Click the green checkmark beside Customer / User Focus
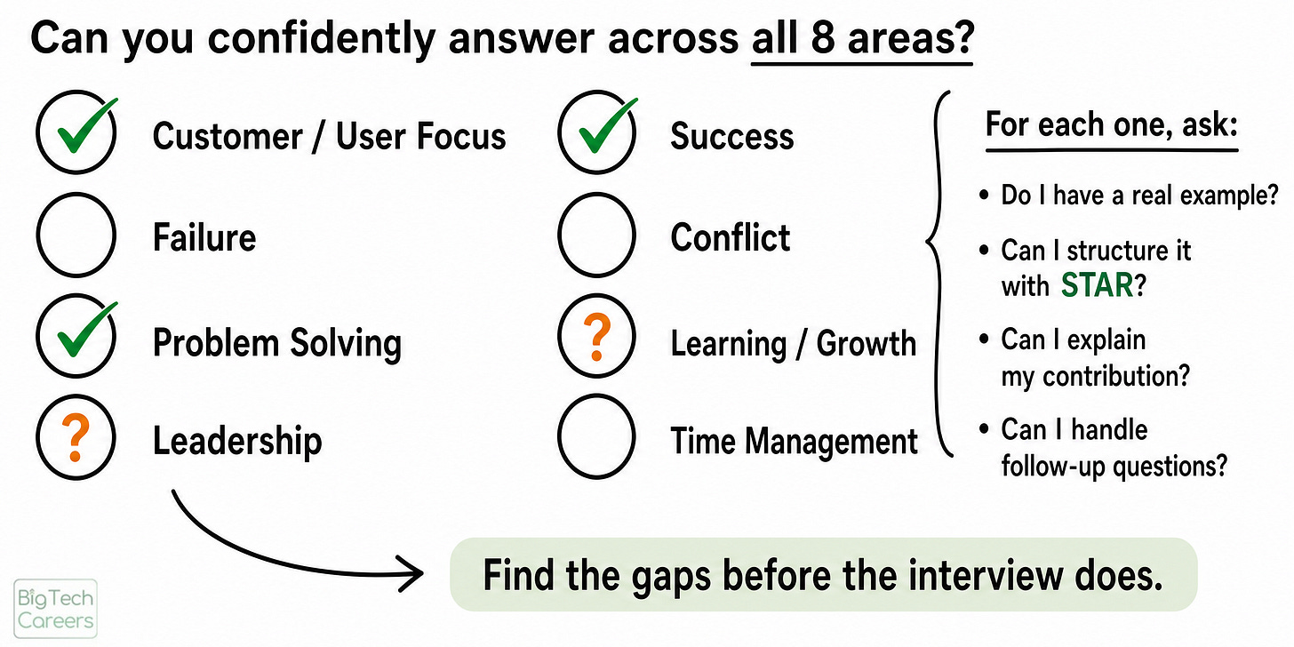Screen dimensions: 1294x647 coord(87,126)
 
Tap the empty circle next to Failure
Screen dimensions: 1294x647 coord(37,236)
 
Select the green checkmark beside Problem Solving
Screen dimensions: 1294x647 coord(87,330)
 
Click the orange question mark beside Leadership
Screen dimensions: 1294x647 coord(76,437)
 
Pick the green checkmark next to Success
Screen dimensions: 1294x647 coord(608,126)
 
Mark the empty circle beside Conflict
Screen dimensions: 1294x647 coord(559,236)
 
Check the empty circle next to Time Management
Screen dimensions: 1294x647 coord(559,437)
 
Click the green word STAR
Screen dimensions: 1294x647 coord(1097,285)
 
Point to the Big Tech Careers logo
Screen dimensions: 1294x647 coord(55,608)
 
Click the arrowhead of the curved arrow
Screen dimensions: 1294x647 coord(411,573)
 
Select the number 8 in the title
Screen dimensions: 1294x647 coord(823,38)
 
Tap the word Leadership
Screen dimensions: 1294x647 coord(236,442)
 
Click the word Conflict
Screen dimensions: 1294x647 coord(731,237)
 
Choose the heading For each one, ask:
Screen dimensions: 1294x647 coord(1112,124)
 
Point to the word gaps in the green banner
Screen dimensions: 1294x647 coord(671,578)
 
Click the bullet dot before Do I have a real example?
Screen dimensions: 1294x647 coord(985,195)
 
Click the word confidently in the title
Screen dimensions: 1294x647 coord(321,39)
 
